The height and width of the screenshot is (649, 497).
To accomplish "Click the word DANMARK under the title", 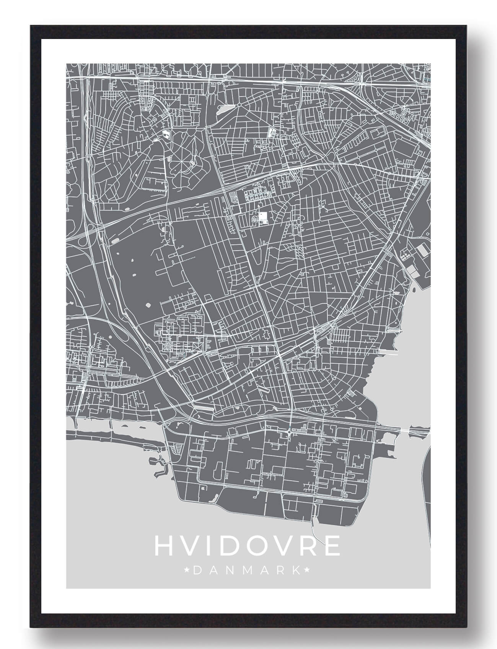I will pyautogui.click(x=247, y=571).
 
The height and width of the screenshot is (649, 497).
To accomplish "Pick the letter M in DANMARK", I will pyautogui.click(x=247, y=571).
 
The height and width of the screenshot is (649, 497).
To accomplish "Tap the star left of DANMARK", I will pyautogui.click(x=187, y=571).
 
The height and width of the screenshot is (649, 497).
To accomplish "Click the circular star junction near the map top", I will pyautogui.click(x=238, y=104).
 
